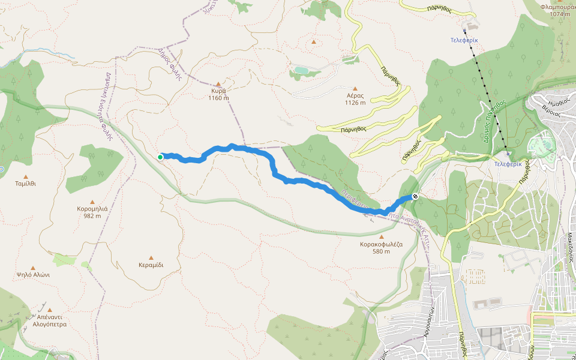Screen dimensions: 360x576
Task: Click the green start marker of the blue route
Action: pos(160,157)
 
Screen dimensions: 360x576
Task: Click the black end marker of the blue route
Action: pos(415,196)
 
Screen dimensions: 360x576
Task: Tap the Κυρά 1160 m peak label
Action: pos(218,94)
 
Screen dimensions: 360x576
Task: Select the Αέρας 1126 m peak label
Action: pos(355,98)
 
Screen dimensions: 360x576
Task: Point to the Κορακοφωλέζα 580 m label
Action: pos(380,248)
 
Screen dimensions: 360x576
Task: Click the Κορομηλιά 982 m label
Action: pos(92,212)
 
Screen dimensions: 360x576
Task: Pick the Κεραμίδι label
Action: pos(151,265)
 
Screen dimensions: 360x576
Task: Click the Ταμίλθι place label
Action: pos(25,184)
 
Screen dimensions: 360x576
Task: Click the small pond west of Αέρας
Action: pos(300,71)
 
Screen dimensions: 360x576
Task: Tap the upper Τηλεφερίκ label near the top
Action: pos(464,40)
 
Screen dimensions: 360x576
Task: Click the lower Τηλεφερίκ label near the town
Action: pos(507,163)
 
